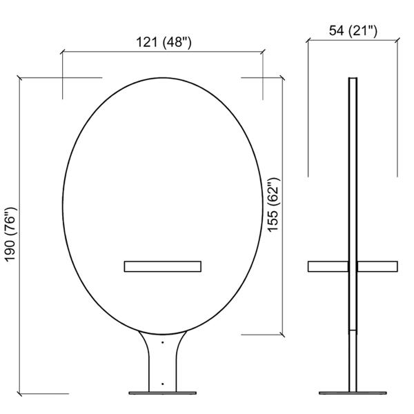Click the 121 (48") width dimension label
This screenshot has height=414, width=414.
[164, 42]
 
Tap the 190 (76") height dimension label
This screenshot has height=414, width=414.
[11, 235]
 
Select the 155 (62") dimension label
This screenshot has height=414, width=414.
[273, 205]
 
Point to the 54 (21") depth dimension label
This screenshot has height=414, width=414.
[353, 30]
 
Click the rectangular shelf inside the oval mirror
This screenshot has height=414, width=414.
[163, 266]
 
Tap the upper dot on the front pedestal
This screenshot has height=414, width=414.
[163, 342]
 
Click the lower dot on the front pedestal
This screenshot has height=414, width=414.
[163, 384]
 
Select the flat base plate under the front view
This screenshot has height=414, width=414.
[163, 393]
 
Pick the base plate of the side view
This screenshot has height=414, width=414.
[353, 393]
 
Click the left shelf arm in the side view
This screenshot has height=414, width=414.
[328, 266]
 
